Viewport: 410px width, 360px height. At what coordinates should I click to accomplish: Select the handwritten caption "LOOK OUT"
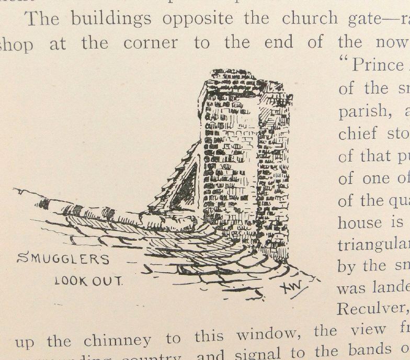[88, 281]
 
